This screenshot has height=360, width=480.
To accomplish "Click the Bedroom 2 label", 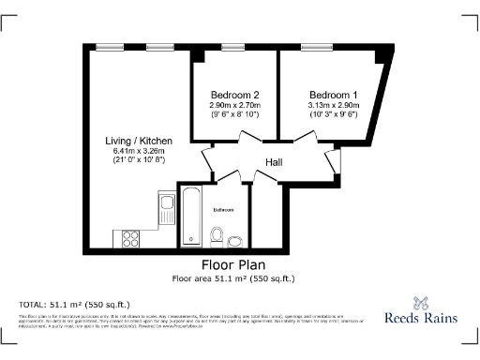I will [x=234, y=95].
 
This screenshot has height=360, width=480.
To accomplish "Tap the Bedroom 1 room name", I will [x=334, y=95].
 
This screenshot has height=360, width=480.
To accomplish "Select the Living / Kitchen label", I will [x=139, y=140].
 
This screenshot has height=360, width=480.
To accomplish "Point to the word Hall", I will [x=274, y=162].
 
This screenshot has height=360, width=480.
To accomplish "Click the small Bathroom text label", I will [x=224, y=209].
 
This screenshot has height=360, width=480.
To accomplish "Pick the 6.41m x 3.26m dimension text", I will [x=139, y=150].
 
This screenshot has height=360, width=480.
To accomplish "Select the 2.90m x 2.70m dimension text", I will [x=234, y=105].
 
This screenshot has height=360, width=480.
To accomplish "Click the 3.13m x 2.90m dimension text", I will [x=334, y=105].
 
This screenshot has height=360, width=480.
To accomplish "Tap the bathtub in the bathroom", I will [x=191, y=217].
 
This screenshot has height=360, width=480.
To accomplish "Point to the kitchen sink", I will [x=167, y=205].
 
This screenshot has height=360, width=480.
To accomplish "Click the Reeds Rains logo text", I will [x=422, y=318].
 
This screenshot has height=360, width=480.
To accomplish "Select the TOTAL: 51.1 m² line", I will [x=76, y=305].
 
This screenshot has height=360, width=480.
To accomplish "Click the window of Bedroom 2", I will [x=234, y=47].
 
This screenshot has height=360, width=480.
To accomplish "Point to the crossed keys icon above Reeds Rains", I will [x=422, y=302].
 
